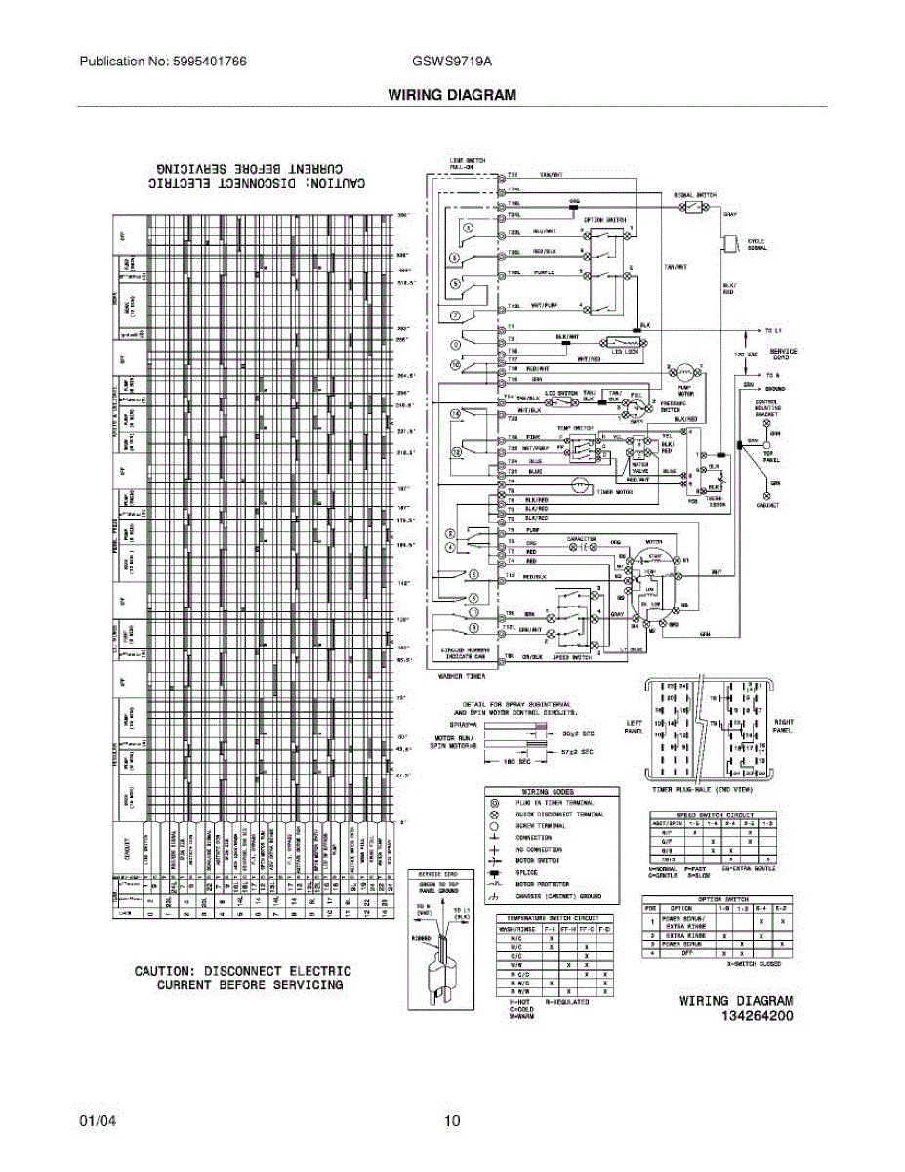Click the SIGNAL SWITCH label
tap(694, 195)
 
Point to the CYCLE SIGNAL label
tap(757, 244)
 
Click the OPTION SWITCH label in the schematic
tap(604, 221)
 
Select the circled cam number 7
tap(455, 314)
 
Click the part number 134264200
tap(757, 1016)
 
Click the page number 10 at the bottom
tap(451, 1121)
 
